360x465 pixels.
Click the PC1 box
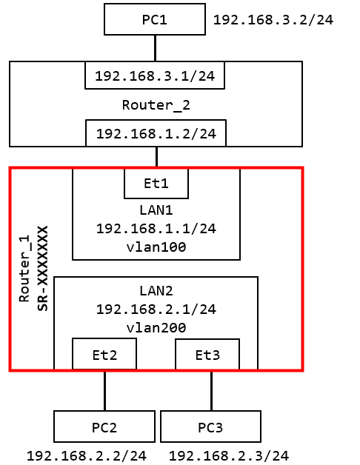pyautogui.click(x=155, y=19)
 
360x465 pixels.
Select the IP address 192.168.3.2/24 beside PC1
pyautogui.click(x=273, y=20)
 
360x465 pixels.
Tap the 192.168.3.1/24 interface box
pyautogui.click(x=155, y=76)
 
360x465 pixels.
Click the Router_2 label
pyautogui.click(x=156, y=105)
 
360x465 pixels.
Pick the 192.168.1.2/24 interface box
pyautogui.click(x=156, y=133)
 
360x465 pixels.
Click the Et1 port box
pyautogui.click(x=156, y=184)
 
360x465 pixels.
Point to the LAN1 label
pyautogui.click(x=156, y=210)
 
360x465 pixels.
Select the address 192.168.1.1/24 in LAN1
pyautogui.click(x=156, y=229)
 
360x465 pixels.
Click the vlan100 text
pyautogui.click(x=156, y=247)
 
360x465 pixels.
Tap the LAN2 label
pyautogui.click(x=156, y=291)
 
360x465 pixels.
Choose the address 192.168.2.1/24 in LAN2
pyautogui.click(x=156, y=310)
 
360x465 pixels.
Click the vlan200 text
pyautogui.click(x=156, y=328)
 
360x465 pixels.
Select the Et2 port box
pyautogui.click(x=104, y=354)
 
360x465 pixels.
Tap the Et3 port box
pyautogui.click(x=207, y=355)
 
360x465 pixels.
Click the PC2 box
pyautogui.click(x=104, y=426)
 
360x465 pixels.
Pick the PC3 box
pyautogui.click(x=210, y=426)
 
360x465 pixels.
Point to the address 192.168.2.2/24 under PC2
pyautogui.click(x=87, y=456)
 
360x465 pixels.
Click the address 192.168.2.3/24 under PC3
pyautogui.click(x=229, y=456)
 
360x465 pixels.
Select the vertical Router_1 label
pyautogui.click(x=24, y=268)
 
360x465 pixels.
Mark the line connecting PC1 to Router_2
pyautogui.click(x=155, y=48)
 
